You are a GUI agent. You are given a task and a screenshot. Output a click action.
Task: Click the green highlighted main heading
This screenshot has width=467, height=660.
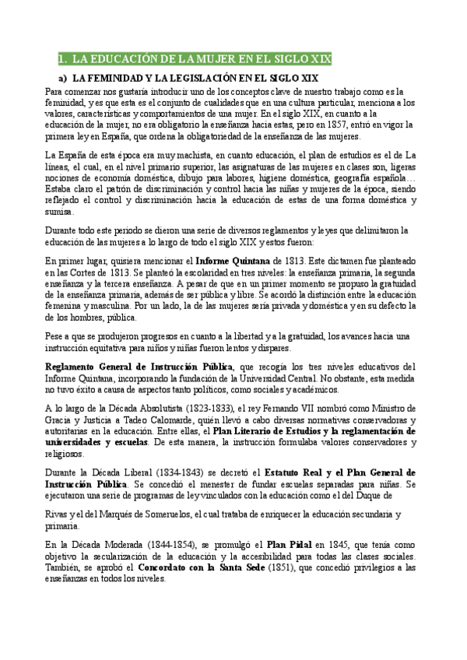pos(195,59)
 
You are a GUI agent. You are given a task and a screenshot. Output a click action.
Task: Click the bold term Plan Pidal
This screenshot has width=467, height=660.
pos(290,545)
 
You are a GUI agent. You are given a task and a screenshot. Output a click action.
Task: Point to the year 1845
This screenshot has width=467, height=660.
pos(339,545)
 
